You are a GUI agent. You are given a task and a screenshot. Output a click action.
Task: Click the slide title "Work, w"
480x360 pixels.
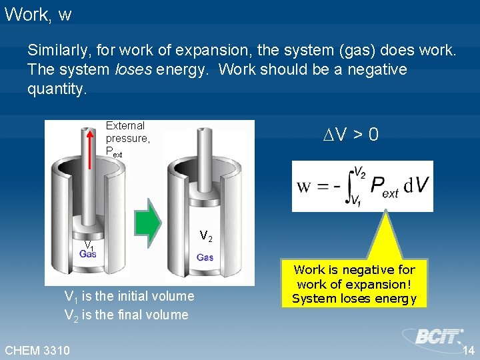[x=37, y=15]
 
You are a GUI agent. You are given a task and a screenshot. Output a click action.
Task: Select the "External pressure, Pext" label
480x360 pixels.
[x=127, y=139]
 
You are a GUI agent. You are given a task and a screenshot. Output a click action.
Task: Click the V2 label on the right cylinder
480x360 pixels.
[x=206, y=236]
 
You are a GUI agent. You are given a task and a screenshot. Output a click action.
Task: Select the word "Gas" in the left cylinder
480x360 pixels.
[x=88, y=254]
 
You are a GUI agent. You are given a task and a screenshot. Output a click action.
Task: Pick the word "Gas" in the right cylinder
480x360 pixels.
[x=205, y=257]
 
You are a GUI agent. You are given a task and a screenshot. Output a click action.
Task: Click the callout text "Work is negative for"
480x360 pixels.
[x=354, y=270]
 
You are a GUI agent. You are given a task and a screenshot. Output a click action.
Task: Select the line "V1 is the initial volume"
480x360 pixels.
[x=129, y=296]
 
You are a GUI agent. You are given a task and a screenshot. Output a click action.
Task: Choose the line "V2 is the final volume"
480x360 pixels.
[x=126, y=315]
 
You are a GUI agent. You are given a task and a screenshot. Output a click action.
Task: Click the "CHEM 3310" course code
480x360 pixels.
[x=37, y=350]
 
